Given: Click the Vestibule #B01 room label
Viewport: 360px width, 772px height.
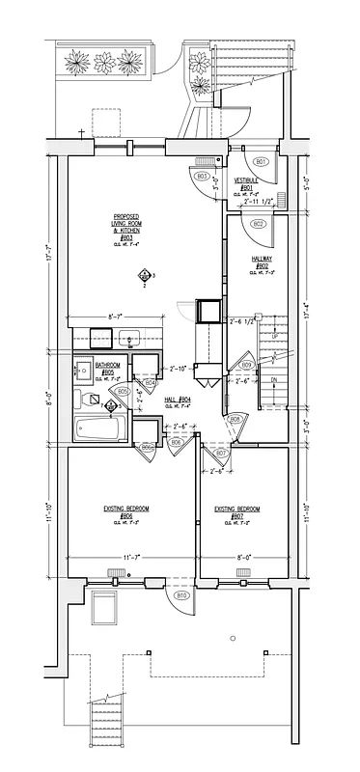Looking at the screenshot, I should point(246,188).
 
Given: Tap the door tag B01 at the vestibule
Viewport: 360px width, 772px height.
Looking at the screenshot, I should point(259,160).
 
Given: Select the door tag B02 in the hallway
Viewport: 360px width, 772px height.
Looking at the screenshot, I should point(258,223).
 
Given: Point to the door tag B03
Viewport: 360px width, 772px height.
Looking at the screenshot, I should point(203,176).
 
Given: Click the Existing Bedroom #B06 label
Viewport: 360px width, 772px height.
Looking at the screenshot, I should point(126,511).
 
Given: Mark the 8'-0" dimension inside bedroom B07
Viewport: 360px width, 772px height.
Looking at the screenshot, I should point(242,558).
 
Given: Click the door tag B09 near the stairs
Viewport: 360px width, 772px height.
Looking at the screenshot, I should point(247,365).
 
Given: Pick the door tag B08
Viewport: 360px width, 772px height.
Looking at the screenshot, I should point(235,418).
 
